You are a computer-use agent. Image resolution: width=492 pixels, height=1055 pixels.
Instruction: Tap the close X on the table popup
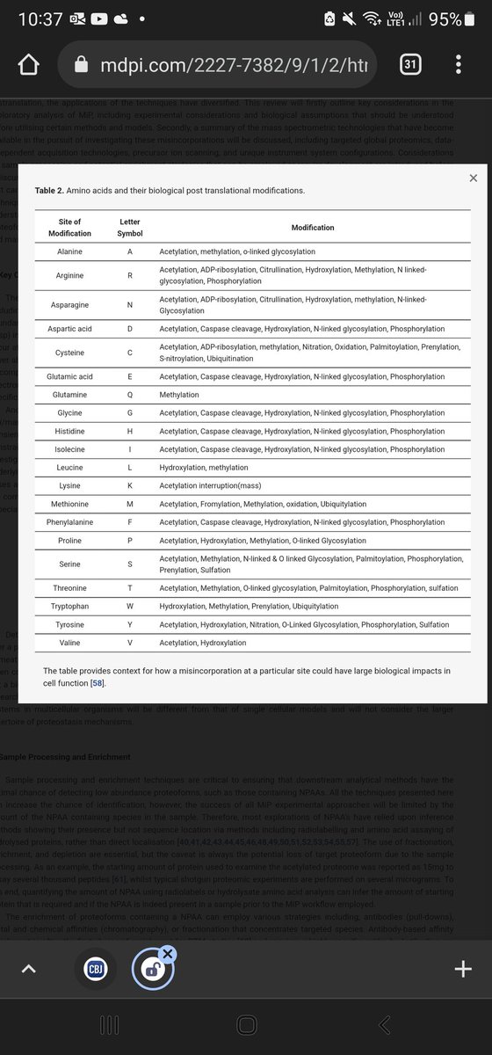[x=474, y=178]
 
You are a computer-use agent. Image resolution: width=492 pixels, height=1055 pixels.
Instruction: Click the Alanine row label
[x=69, y=251]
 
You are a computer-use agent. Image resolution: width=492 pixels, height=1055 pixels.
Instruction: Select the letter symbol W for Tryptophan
[x=129, y=606]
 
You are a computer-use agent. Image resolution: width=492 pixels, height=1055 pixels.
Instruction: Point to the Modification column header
[x=313, y=228]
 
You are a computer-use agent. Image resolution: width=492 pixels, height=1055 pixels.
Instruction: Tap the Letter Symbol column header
[x=129, y=228]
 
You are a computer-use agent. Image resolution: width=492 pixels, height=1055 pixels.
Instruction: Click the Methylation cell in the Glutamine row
[x=179, y=395]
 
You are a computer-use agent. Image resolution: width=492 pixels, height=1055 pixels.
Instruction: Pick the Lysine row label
[x=69, y=485]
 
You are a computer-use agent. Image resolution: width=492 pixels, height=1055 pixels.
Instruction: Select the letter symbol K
[x=129, y=485]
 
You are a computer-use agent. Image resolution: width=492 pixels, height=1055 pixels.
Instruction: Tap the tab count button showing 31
[x=409, y=64]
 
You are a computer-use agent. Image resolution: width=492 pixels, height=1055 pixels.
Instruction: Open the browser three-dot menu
[x=459, y=64]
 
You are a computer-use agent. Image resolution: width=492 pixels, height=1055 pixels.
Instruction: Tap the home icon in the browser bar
[x=29, y=65]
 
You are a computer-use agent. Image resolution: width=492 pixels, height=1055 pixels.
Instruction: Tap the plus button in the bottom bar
[x=462, y=968]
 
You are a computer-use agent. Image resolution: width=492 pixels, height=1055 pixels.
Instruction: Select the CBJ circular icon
[x=96, y=968]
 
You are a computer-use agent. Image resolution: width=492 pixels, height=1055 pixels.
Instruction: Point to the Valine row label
[x=69, y=643]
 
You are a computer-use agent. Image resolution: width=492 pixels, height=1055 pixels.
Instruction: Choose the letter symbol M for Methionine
[x=129, y=504]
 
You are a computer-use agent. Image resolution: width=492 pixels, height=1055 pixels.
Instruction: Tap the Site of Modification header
[x=69, y=228]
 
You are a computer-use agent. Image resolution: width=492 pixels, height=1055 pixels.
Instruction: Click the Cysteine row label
[x=69, y=353]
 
